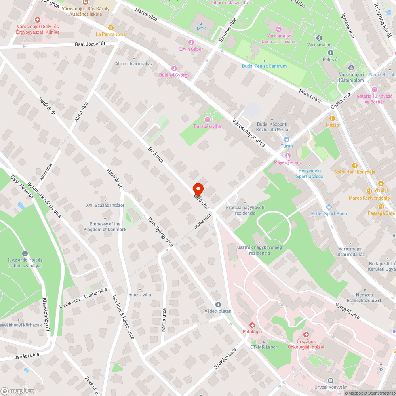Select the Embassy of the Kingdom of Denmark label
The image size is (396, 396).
pos(105,227)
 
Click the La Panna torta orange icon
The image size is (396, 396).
pos(110,28)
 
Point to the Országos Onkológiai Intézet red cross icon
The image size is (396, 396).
pos(305,335)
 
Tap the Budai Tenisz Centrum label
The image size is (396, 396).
pos(264,66)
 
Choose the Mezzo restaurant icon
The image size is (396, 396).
pos(332,118)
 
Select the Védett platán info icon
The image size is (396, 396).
pos(218,304)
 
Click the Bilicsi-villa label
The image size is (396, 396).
pos(139,294)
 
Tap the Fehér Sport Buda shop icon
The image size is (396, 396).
pos(328,207)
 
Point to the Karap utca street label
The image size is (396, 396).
pos(164,320)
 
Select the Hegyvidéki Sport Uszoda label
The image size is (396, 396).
pos(310,174)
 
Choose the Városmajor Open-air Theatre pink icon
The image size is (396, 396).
pos(279,29)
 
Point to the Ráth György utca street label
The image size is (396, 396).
pos(160,232)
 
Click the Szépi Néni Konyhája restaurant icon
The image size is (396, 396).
pos(354,165)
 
